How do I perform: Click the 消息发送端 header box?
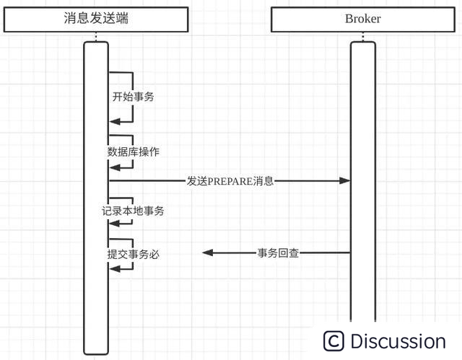coord(96,19)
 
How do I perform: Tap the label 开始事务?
coord(133,97)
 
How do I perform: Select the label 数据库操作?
coord(133,152)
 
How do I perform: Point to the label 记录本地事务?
coord(133,211)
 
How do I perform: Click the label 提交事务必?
coord(133,254)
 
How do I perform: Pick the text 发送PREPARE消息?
coord(230,181)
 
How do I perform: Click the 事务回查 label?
coord(279,253)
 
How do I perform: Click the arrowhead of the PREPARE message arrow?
coord(346,181)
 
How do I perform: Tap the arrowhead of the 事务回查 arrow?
coord(207,253)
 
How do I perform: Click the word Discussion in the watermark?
coord(398,341)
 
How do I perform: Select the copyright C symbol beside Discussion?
coord(334,341)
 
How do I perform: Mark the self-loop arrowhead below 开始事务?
coord(113,122)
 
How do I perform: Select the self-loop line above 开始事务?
coord(121,72)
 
